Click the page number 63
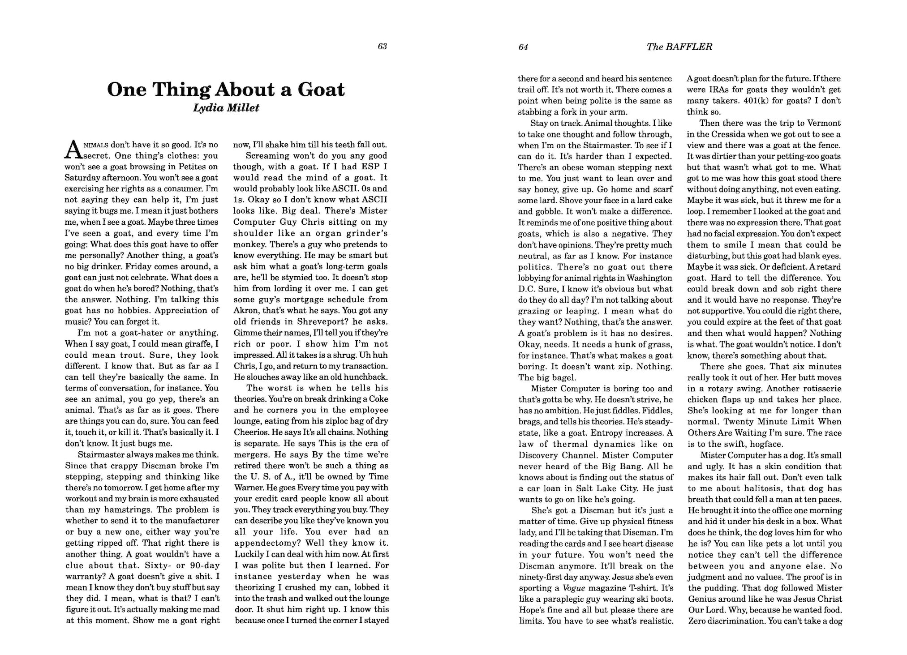click(382, 47)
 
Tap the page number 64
click(523, 47)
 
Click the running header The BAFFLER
click(679, 47)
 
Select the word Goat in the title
click(321, 90)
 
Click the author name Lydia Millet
click(226, 108)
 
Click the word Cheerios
click(251, 432)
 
